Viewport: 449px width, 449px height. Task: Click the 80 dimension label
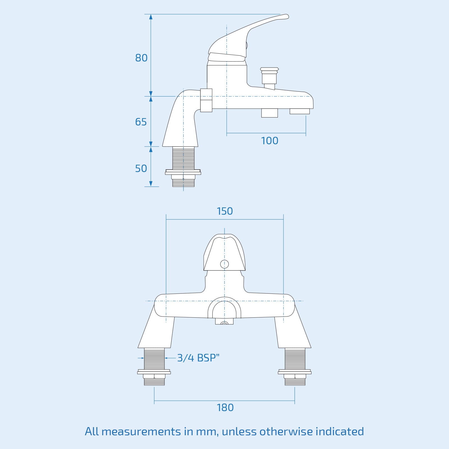pyautogui.click(x=141, y=58)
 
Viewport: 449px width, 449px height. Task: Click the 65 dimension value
pyautogui.click(x=141, y=122)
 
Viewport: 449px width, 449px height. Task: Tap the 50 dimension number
pyautogui.click(x=141, y=169)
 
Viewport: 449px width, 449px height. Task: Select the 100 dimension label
pyautogui.click(x=269, y=141)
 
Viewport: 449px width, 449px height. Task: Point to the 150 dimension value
pyautogui.click(x=225, y=211)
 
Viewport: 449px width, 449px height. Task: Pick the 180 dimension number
pyautogui.click(x=225, y=408)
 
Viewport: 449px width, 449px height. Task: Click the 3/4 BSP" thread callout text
pyautogui.click(x=198, y=358)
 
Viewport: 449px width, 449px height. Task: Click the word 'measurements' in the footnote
pyautogui.click(x=141, y=432)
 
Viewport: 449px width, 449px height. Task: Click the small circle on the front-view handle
pyautogui.click(x=224, y=264)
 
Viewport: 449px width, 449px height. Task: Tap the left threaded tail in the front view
pyautogui.click(x=154, y=359)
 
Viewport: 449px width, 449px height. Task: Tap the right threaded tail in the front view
pyautogui.click(x=295, y=359)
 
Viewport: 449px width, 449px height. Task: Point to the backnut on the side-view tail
pyautogui.click(x=183, y=172)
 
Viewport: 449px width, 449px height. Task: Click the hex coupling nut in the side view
pyautogui.click(x=206, y=100)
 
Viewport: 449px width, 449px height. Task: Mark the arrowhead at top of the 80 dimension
pyautogui.click(x=151, y=17)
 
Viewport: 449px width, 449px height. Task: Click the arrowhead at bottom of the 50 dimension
pyautogui.click(x=151, y=184)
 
